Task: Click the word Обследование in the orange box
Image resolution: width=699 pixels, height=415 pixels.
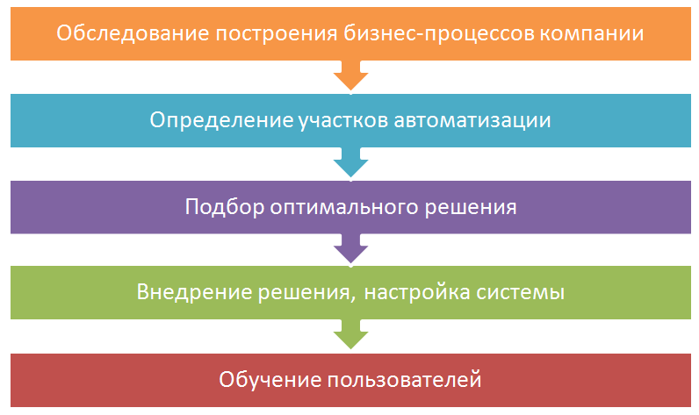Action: click(133, 33)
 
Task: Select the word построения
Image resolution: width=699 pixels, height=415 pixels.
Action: click(277, 34)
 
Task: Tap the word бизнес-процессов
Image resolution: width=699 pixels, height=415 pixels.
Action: click(439, 34)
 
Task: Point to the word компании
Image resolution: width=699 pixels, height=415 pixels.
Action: click(592, 34)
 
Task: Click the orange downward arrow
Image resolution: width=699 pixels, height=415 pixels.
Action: click(351, 75)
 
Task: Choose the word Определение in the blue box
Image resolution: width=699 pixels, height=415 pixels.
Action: click(221, 120)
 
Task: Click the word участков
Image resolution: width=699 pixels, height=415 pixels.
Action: click(343, 121)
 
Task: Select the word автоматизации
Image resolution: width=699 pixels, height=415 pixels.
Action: click(472, 121)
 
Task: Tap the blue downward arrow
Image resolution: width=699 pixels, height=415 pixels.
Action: click(351, 161)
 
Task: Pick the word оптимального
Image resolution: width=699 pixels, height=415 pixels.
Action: click(344, 208)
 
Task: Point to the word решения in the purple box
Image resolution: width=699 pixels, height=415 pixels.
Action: click(471, 208)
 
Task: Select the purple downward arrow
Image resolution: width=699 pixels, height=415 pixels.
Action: click(351, 248)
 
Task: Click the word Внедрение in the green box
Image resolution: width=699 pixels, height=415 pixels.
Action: click(196, 292)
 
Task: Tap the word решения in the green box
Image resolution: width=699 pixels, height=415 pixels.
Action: click(308, 293)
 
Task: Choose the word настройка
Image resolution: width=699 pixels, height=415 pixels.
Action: click(417, 292)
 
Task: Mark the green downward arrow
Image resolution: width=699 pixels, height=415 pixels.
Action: click(351, 334)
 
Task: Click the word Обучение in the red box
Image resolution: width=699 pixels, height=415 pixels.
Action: click(270, 380)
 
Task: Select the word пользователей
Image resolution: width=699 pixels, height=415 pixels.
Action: click(405, 381)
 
